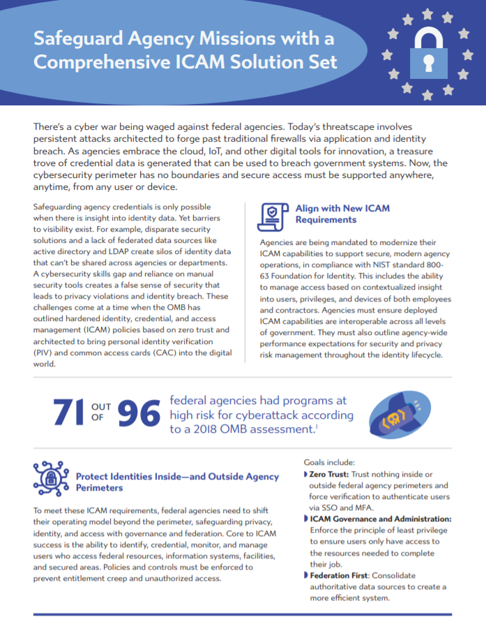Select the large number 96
[138, 412]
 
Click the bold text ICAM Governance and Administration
[381, 519]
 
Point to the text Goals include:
[333, 462]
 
